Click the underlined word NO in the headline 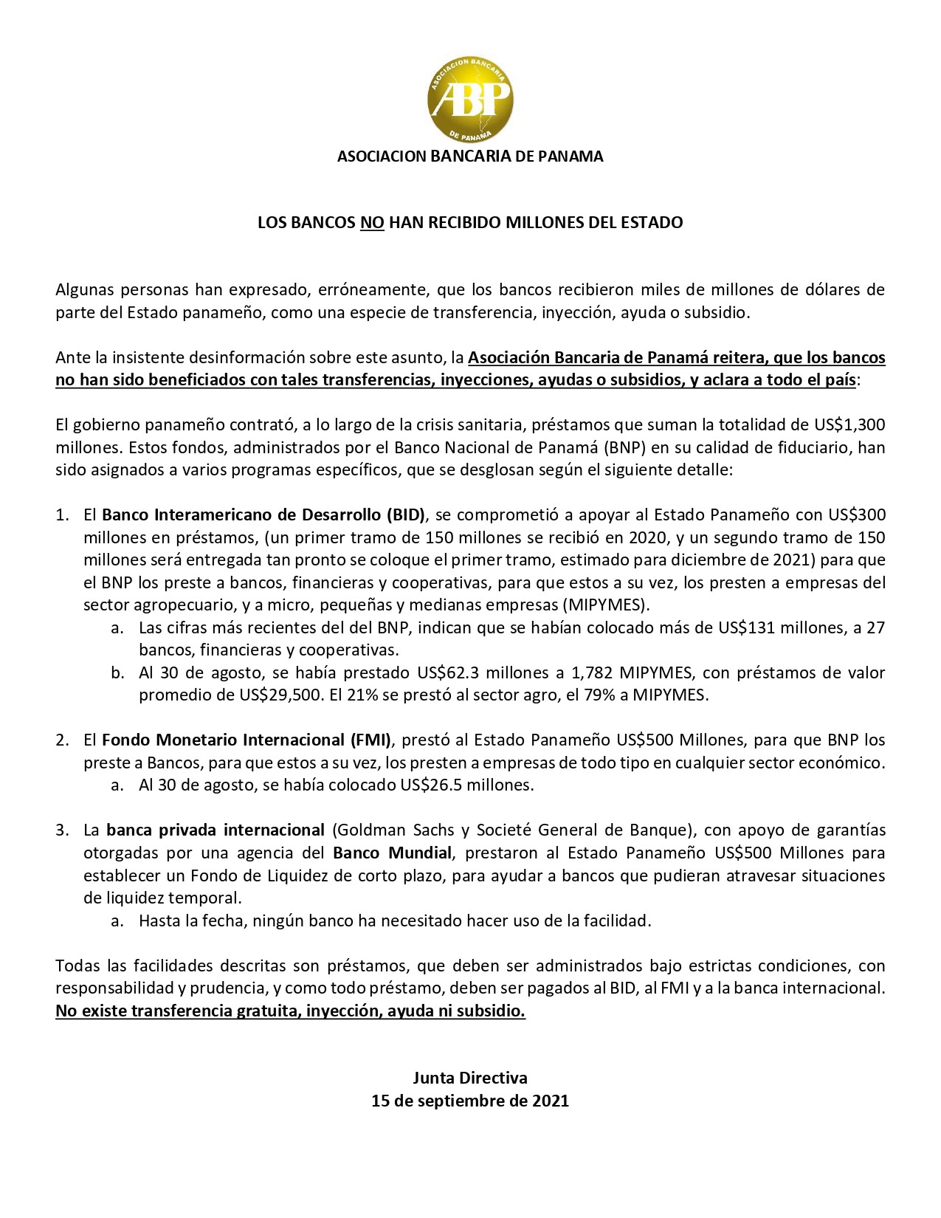point(372,222)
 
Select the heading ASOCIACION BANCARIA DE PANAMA point(470,156)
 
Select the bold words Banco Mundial point(392,853)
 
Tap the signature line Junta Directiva point(470,1078)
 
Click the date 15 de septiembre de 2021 point(470,1101)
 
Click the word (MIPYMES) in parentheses point(606,605)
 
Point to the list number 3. point(62,830)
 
